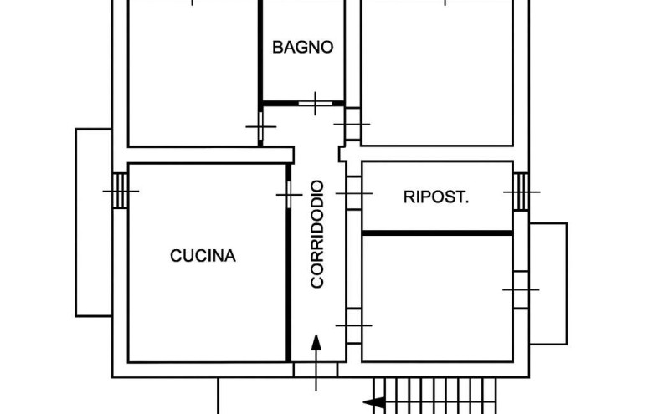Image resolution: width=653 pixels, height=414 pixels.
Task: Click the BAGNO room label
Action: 302,48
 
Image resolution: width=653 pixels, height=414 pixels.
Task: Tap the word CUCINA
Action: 203,256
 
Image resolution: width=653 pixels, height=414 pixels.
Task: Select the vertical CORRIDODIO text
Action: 317,234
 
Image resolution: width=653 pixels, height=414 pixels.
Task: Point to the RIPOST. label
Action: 436,198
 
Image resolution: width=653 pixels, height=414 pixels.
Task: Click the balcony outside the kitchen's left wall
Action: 94,222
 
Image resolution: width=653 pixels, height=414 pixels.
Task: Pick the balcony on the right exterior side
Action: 548,284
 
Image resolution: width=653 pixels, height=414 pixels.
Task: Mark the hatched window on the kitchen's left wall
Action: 121,191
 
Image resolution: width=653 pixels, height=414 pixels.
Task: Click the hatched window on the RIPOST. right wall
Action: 521,192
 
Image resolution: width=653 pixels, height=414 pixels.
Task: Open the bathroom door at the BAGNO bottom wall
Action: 316,103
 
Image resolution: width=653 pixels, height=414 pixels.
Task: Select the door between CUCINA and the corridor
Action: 289,195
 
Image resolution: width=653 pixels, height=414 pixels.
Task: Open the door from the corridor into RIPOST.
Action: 353,193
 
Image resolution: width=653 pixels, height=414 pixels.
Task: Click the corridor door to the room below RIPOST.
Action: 353,325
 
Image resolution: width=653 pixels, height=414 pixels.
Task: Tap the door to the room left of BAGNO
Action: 260,127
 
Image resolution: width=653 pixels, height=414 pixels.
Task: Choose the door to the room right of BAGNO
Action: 352,124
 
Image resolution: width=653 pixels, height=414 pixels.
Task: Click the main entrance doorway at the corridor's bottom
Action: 316,369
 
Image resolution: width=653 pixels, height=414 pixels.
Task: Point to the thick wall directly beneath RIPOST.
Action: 436,233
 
